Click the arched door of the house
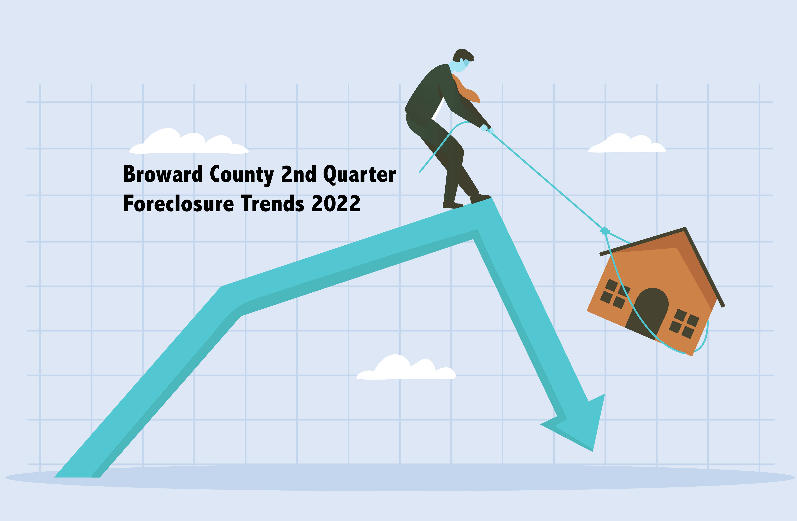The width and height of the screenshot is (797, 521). coord(648,313)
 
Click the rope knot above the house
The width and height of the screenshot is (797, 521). coord(605,231)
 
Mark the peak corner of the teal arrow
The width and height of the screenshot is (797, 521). coord(491,198)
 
